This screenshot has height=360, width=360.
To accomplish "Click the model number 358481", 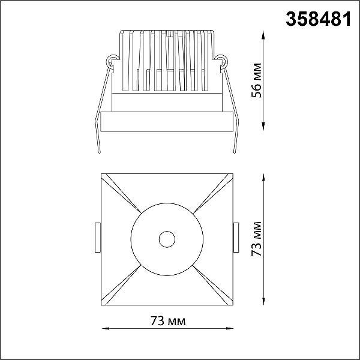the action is [x=319, y=19].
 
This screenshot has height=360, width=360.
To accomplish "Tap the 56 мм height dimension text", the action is [x=256, y=80].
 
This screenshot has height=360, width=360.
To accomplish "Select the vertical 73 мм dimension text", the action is [x=256, y=239].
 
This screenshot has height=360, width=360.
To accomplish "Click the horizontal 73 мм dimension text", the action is [x=168, y=321].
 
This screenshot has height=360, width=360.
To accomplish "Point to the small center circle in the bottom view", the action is [x=167, y=239].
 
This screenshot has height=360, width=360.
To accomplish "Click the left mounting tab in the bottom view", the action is [x=98, y=238].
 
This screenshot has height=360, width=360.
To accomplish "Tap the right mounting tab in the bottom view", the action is [x=236, y=238].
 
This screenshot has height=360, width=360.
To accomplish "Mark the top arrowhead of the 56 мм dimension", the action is [x=263, y=36].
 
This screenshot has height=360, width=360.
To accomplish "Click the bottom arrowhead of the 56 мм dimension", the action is [x=263, y=126].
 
